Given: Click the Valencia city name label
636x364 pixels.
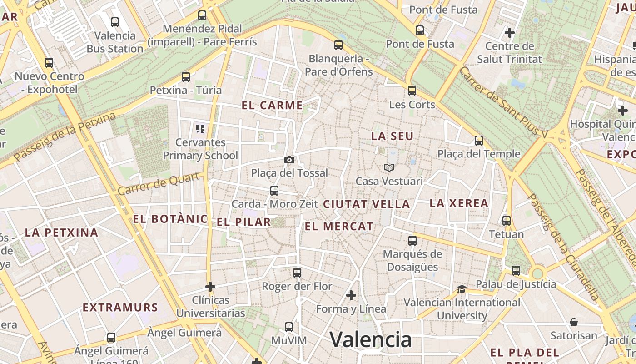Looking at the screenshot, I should [370, 340].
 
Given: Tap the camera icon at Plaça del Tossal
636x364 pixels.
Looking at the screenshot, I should [289, 160].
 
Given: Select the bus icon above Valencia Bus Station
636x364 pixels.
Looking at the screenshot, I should [115, 22].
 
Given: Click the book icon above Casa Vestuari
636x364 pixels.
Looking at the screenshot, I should [389, 167].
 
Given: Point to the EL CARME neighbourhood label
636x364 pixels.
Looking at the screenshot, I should [272, 106].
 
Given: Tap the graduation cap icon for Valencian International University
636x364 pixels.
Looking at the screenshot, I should [462, 289].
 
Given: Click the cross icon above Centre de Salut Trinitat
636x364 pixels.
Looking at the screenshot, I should [510, 33].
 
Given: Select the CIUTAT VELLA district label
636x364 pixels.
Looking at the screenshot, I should [366, 204].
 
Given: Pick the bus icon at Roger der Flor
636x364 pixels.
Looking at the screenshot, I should [297, 273].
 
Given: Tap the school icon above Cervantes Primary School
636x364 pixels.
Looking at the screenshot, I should [200, 129].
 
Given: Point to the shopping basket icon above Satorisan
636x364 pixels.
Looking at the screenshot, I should [574, 322].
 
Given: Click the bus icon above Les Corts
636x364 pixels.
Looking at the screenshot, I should [412, 91].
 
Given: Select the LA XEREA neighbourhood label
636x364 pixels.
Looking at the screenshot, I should [459, 203].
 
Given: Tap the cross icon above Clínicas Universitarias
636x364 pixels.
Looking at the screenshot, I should [210, 287].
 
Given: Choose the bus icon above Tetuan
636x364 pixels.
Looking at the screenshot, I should [506, 221].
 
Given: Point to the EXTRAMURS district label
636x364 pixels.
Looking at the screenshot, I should [120, 307].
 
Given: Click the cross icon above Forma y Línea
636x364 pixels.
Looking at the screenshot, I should [351, 295].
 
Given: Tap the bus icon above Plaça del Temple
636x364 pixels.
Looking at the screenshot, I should [478, 140].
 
